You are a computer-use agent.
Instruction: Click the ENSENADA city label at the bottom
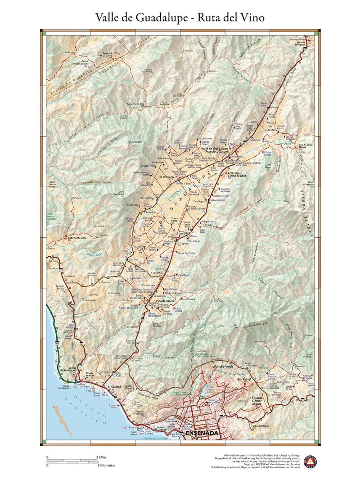tap(202, 433)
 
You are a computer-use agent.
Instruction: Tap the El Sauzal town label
tap(115, 387)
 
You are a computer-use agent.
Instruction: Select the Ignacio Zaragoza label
tap(300, 44)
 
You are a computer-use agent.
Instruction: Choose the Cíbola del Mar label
tap(88, 375)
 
